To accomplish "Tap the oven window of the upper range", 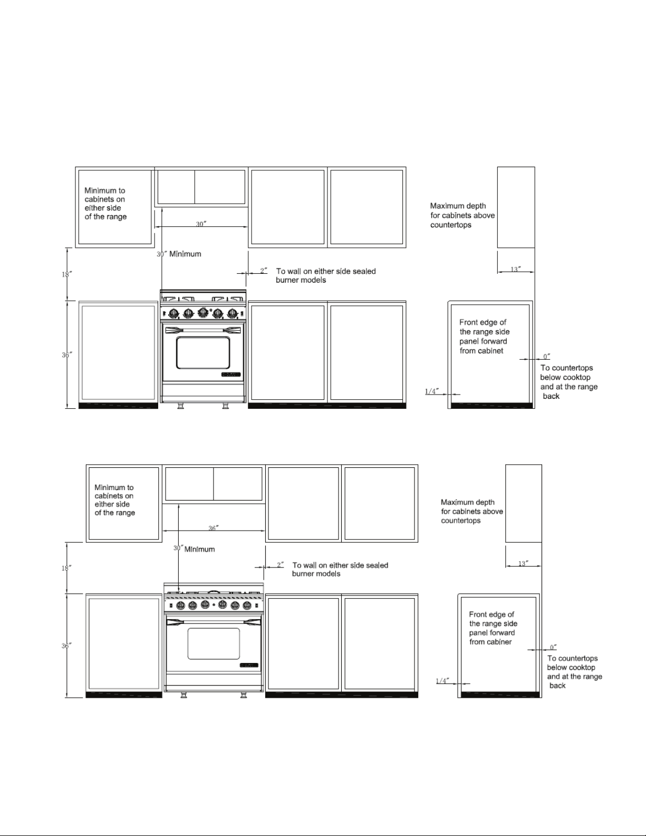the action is click(x=203, y=352).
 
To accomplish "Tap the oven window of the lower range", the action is click(x=214, y=643).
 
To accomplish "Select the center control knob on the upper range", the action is click(x=203, y=312).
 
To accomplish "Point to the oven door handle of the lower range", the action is click(x=214, y=621).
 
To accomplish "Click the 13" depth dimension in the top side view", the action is click(x=516, y=269).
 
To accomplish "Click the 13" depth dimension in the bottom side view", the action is click(x=523, y=563).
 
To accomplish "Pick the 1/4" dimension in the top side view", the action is click(x=431, y=391).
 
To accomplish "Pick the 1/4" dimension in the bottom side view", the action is click(x=442, y=680).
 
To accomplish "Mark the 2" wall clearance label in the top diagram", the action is click(x=264, y=271).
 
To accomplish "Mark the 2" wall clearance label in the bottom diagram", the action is click(x=281, y=564).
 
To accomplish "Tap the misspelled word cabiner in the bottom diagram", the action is click(x=499, y=642).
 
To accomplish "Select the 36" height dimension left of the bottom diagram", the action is click(x=66, y=646).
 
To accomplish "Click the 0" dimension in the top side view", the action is click(x=546, y=357).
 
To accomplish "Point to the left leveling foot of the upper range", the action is click(x=180, y=406).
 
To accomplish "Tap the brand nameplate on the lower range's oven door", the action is click(x=249, y=665).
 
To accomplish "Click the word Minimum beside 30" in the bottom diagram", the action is click(x=199, y=550).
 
